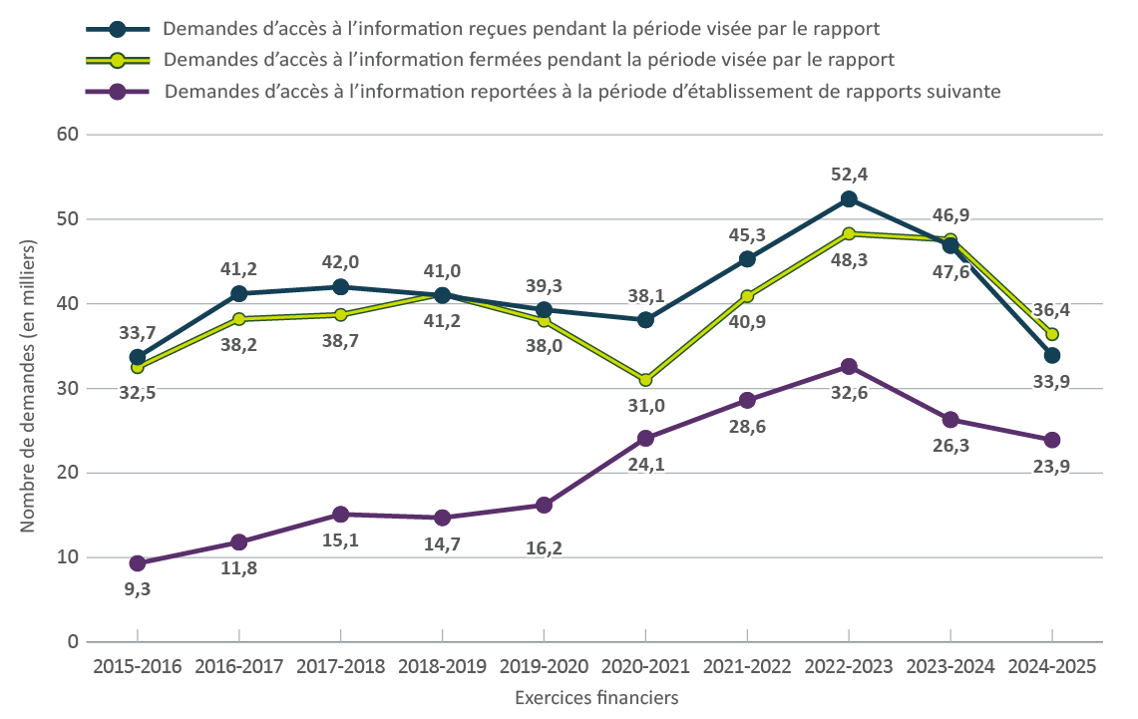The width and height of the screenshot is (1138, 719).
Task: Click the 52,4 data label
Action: [849, 175]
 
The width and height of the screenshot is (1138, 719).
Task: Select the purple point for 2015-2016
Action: [138, 563]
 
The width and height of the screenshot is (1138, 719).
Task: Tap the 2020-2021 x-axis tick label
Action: [645, 667]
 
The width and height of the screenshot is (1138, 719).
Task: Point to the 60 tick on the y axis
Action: [67, 134]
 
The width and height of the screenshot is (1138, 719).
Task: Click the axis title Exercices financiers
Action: [596, 698]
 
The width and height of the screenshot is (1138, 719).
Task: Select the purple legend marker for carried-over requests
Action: [118, 92]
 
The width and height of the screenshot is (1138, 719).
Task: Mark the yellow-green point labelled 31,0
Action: [645, 380]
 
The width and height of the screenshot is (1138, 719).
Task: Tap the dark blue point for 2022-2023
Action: [849, 199]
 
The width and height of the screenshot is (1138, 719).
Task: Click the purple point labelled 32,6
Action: [849, 366]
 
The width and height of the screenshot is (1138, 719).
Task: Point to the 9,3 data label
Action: [138, 588]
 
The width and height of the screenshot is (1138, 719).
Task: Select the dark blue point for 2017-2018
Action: [341, 287]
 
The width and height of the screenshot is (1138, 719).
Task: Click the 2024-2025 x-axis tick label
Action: [1052, 667]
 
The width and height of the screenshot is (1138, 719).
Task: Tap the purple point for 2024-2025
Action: [1052, 440]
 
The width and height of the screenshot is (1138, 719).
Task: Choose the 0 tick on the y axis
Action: [72, 642]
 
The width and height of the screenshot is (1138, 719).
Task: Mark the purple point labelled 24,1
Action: [645, 438]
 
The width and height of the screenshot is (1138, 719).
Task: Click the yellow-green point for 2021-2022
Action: [747, 296]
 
